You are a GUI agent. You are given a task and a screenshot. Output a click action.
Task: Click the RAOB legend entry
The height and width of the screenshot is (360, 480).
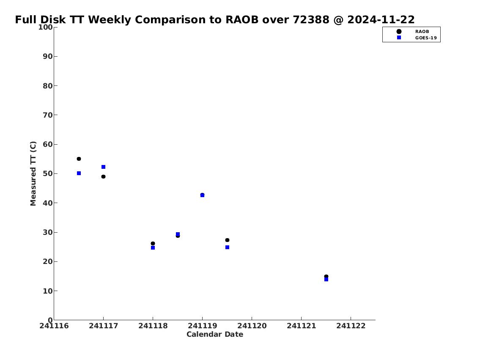[413, 32]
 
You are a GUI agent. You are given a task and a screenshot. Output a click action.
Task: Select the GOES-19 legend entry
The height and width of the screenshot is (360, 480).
[417, 38]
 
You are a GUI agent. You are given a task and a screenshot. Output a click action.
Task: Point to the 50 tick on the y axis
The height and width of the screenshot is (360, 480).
[55, 173]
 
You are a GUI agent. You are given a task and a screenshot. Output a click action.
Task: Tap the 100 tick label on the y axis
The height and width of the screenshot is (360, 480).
[45, 27]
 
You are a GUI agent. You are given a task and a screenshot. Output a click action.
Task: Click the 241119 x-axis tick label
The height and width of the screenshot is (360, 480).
[202, 326]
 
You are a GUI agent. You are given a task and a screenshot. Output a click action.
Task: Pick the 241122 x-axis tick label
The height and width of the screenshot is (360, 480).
[351, 326]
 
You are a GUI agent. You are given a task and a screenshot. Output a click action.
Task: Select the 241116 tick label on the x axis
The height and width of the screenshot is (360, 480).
[54, 326]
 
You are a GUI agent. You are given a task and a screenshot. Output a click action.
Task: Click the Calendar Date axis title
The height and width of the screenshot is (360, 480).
[215, 334]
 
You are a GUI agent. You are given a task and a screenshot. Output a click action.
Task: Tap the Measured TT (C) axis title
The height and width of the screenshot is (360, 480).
[33, 173]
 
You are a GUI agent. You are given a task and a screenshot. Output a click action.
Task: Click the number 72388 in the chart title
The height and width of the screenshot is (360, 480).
[311, 19]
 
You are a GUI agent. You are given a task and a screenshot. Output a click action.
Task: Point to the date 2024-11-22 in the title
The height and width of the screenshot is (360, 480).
[381, 19]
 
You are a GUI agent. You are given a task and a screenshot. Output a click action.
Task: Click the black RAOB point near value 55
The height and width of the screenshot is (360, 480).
[79, 159]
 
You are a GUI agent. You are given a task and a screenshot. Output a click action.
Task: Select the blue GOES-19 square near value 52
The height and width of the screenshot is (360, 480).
[104, 167]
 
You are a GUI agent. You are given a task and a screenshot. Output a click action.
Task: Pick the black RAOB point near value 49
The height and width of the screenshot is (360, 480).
[104, 177]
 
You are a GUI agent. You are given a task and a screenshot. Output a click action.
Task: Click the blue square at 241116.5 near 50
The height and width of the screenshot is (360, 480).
[79, 173]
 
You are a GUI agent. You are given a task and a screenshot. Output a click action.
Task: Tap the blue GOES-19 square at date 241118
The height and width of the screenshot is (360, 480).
[153, 247]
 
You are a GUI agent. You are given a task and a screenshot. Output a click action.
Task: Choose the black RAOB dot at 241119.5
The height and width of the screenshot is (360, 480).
[227, 240]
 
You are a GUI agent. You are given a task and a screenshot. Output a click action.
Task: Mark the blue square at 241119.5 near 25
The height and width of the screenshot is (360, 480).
[227, 247]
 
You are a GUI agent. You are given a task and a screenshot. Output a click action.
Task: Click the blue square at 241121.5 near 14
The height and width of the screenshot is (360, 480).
[326, 279]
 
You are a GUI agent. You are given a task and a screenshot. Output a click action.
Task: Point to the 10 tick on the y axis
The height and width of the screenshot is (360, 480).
[55, 291]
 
